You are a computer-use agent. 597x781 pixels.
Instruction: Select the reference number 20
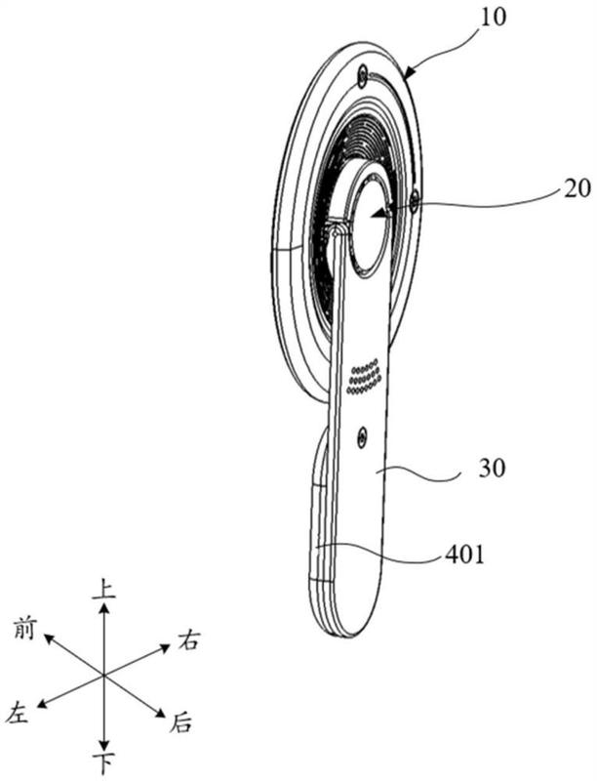click(577, 188)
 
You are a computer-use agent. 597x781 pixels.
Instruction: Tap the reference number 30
click(492, 469)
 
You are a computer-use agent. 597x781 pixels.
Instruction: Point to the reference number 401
click(464, 554)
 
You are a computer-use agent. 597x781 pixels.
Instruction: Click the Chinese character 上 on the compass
click(104, 589)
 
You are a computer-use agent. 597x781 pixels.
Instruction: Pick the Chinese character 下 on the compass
click(104, 763)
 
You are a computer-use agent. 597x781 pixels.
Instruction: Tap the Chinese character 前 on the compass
click(24, 628)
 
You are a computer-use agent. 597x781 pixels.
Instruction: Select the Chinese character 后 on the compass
click(180, 722)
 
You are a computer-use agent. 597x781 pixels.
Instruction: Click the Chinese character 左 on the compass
click(19, 713)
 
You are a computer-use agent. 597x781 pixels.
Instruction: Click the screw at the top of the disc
click(363, 76)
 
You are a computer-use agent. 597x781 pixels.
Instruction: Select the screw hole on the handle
click(362, 436)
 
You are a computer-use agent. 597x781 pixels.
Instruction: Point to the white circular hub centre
click(372, 223)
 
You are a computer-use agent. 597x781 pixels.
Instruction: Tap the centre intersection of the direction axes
click(103, 676)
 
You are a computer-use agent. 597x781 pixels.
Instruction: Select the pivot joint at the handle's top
click(338, 230)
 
